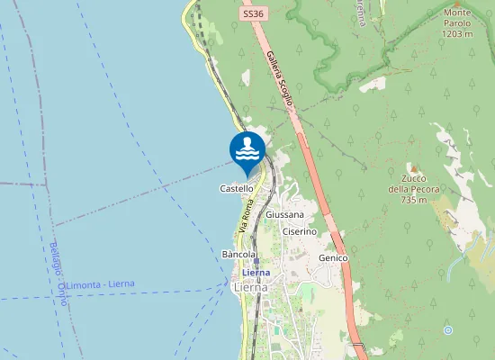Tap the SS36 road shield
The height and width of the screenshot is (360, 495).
(254, 14)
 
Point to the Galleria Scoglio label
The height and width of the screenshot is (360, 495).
(280, 78)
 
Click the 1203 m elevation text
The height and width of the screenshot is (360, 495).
(457, 33)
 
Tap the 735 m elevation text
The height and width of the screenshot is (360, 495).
(413, 200)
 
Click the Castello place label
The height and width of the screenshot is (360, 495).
(237, 189)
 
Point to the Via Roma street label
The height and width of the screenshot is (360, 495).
(247, 217)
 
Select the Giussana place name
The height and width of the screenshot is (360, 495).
(285, 216)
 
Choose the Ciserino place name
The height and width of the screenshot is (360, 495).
(300, 231)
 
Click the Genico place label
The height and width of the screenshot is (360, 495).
(333, 257)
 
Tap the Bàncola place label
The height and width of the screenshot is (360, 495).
(239, 255)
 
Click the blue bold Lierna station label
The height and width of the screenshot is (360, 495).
(256, 272)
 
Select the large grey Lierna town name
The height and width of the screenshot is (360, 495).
(251, 287)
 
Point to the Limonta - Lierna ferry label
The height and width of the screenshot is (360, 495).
(101, 284)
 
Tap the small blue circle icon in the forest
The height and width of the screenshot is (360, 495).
(447, 330)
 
